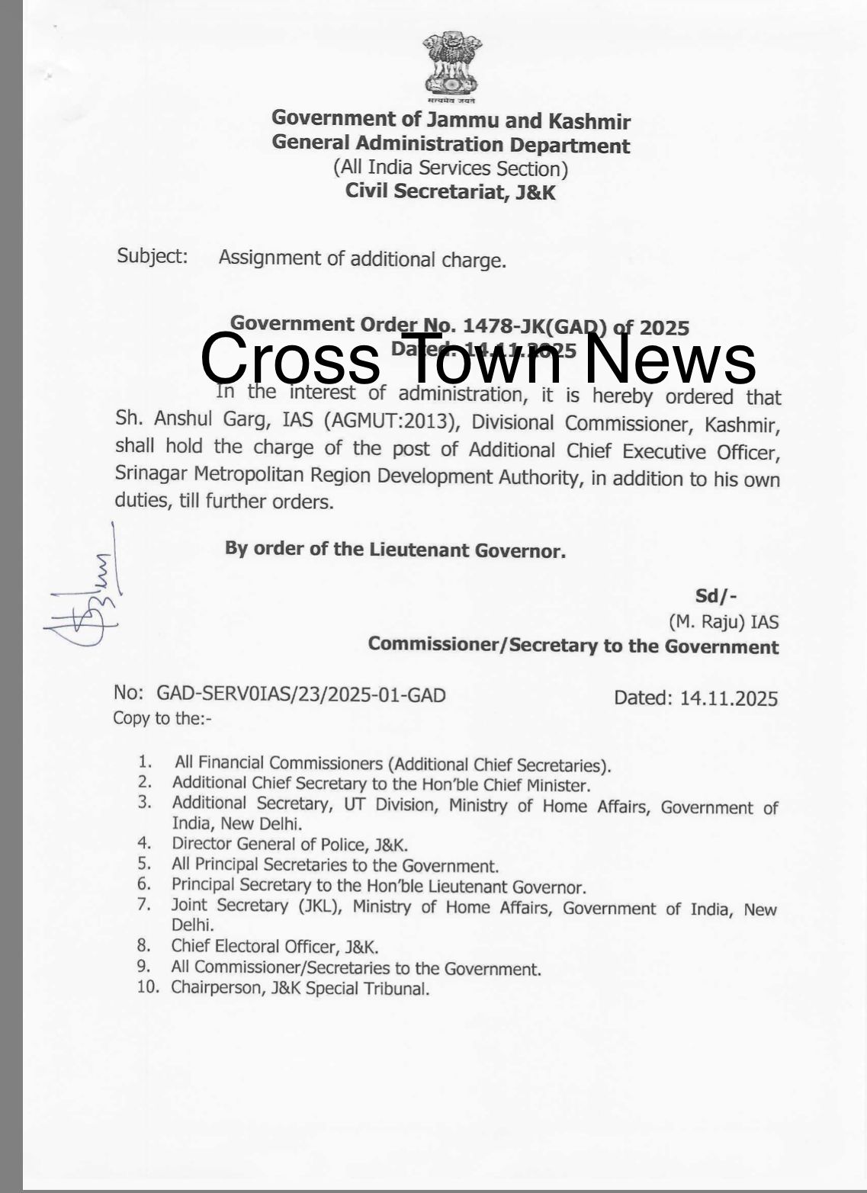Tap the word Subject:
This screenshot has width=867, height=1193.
153,256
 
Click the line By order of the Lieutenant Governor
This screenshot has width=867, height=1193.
395,549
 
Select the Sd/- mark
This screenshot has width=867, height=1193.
715,596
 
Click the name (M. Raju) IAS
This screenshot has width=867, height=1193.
724,622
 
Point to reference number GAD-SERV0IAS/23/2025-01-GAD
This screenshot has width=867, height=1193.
300,694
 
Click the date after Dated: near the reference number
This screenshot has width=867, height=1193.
729,698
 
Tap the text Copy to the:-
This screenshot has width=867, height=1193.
162,718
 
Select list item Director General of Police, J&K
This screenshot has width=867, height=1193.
290,845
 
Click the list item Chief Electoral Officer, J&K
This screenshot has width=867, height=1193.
275,947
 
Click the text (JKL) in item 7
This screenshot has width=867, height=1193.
316,906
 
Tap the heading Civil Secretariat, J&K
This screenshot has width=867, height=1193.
451,191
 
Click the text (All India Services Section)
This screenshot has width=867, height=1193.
451,168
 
